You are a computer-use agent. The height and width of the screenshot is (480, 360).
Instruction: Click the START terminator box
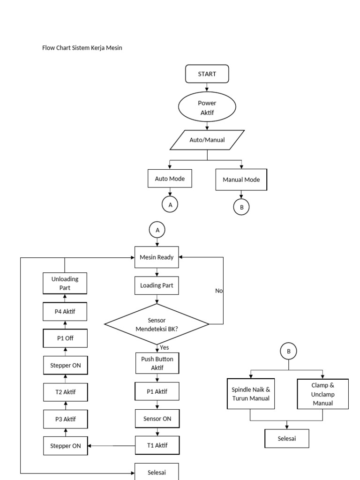coord(207,74)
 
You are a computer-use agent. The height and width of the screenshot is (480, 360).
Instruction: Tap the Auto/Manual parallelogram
coord(207,140)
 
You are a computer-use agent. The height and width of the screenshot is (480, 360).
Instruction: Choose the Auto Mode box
coord(170,179)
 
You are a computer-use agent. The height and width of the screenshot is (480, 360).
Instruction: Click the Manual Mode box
coord(241,180)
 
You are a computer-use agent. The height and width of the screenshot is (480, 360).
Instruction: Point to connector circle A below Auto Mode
coord(170,205)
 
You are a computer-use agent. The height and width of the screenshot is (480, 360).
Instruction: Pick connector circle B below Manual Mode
coord(241,207)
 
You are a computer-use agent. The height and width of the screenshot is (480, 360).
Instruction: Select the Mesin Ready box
coord(157,257)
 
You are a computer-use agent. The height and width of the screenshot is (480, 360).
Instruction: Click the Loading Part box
coord(157,285)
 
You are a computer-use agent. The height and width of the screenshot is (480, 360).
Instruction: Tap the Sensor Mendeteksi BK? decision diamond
coord(157,324)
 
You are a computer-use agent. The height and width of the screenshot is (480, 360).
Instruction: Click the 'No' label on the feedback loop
coord(219,291)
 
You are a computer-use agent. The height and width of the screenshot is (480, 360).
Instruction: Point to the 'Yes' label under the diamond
coord(165,348)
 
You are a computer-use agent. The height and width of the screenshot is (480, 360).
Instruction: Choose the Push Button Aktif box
coord(157,363)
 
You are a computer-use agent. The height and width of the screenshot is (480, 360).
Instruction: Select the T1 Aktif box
coord(157,445)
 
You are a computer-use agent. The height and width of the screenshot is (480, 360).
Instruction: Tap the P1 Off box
coord(65,337)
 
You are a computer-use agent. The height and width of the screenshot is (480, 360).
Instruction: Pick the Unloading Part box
coord(65,283)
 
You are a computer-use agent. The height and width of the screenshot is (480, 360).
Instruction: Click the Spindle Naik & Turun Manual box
coord(251,394)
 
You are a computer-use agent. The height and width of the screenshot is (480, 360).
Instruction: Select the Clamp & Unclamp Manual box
coord(322,394)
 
